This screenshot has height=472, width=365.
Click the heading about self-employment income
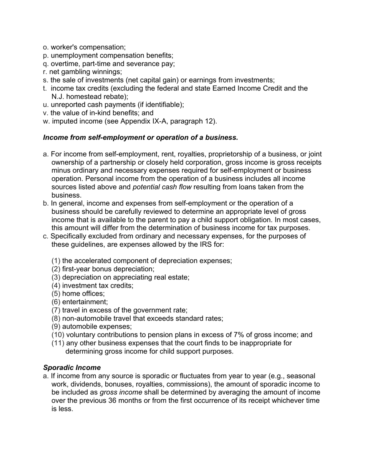click(x=141, y=137)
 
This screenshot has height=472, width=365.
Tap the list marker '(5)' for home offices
click(x=56, y=294)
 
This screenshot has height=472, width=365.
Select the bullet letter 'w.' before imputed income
click(x=46, y=121)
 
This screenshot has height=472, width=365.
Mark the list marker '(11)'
click(x=58, y=343)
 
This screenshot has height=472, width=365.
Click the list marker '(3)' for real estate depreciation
click(x=56, y=277)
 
